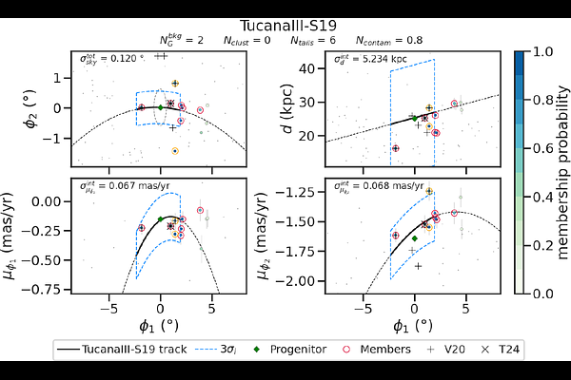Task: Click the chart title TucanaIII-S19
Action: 285,27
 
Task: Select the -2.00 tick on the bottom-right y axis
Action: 302,281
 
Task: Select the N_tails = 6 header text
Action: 310,42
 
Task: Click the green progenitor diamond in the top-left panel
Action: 160,107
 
